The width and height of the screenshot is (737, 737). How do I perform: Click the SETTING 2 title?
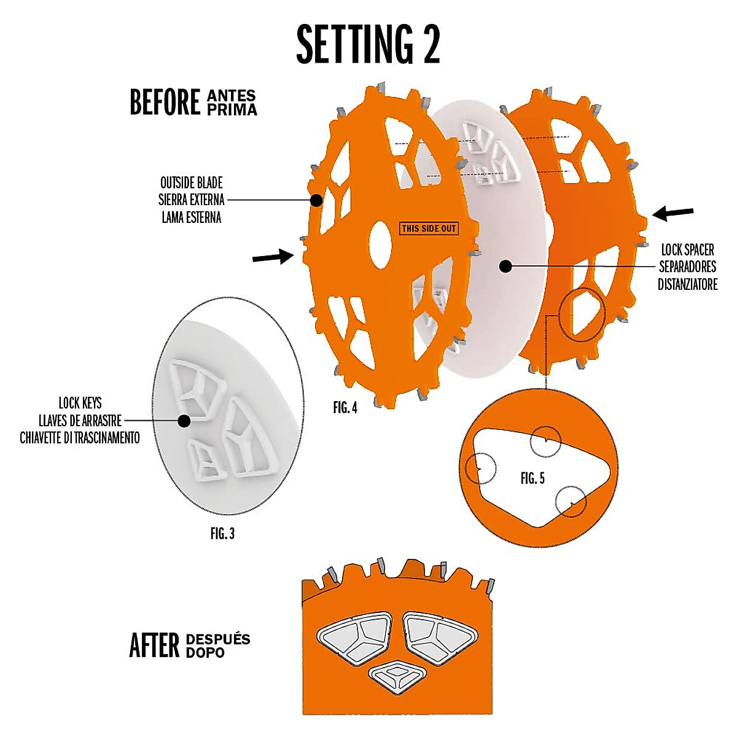tap(368, 45)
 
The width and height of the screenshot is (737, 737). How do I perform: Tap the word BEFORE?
tap(165, 102)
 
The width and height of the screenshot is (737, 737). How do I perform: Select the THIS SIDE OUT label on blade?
tap(429, 228)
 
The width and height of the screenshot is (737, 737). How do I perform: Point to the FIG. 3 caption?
tap(222, 534)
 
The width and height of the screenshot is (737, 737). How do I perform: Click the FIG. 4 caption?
tap(345, 408)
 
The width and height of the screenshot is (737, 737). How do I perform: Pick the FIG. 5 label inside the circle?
tap(532, 478)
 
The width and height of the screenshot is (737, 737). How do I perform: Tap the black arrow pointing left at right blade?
tap(673, 214)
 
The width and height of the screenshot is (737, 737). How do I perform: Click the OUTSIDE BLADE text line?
tap(192, 183)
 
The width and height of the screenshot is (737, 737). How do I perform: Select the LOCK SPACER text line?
tap(687, 251)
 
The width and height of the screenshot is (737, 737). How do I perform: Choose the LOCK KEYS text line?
tap(80, 404)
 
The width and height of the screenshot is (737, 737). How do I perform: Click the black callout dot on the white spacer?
tap(505, 266)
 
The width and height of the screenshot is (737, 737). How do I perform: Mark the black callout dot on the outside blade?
tap(316, 200)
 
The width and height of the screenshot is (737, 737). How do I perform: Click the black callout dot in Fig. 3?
tap(182, 421)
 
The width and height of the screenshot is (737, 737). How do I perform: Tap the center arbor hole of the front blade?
tap(381, 244)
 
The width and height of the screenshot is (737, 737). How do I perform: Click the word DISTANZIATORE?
tap(687, 285)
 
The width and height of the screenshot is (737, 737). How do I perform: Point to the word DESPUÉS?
tap(217, 639)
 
